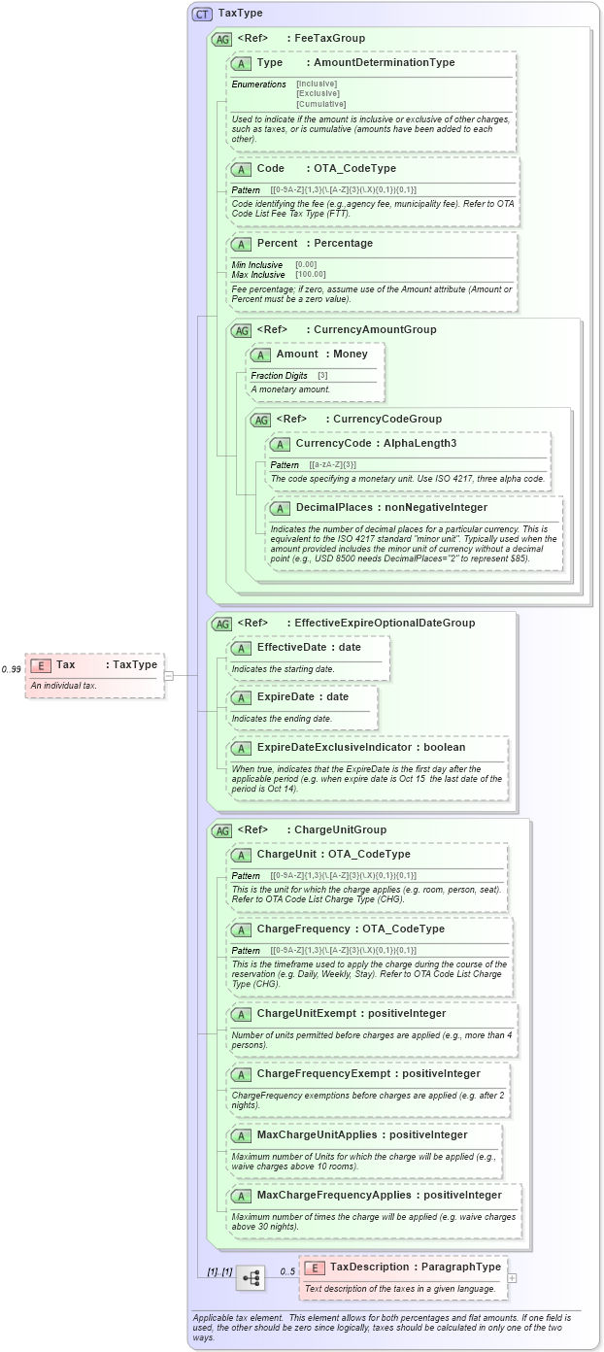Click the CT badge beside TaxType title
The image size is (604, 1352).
point(202,14)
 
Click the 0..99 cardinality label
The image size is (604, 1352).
point(12,669)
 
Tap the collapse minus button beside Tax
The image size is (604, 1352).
point(168,675)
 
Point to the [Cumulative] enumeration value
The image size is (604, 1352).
point(320,104)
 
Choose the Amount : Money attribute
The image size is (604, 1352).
point(321,354)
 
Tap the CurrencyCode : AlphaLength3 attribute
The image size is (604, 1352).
point(376,443)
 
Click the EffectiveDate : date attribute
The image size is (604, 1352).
point(308,646)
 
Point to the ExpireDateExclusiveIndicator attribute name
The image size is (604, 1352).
point(361,747)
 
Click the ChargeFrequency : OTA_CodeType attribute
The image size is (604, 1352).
point(351,929)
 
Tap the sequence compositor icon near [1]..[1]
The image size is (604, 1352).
point(251,1278)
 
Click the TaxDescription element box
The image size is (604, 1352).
point(402,1277)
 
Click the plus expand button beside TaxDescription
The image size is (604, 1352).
point(512,1278)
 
